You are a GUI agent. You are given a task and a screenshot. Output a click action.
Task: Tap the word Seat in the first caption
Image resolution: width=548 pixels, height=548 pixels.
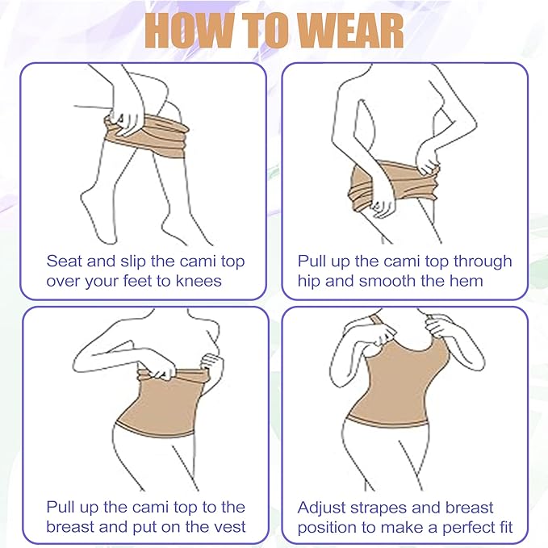click(x=64, y=261)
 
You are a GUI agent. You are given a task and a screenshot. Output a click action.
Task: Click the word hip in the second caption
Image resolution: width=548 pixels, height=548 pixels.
click(x=312, y=282)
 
